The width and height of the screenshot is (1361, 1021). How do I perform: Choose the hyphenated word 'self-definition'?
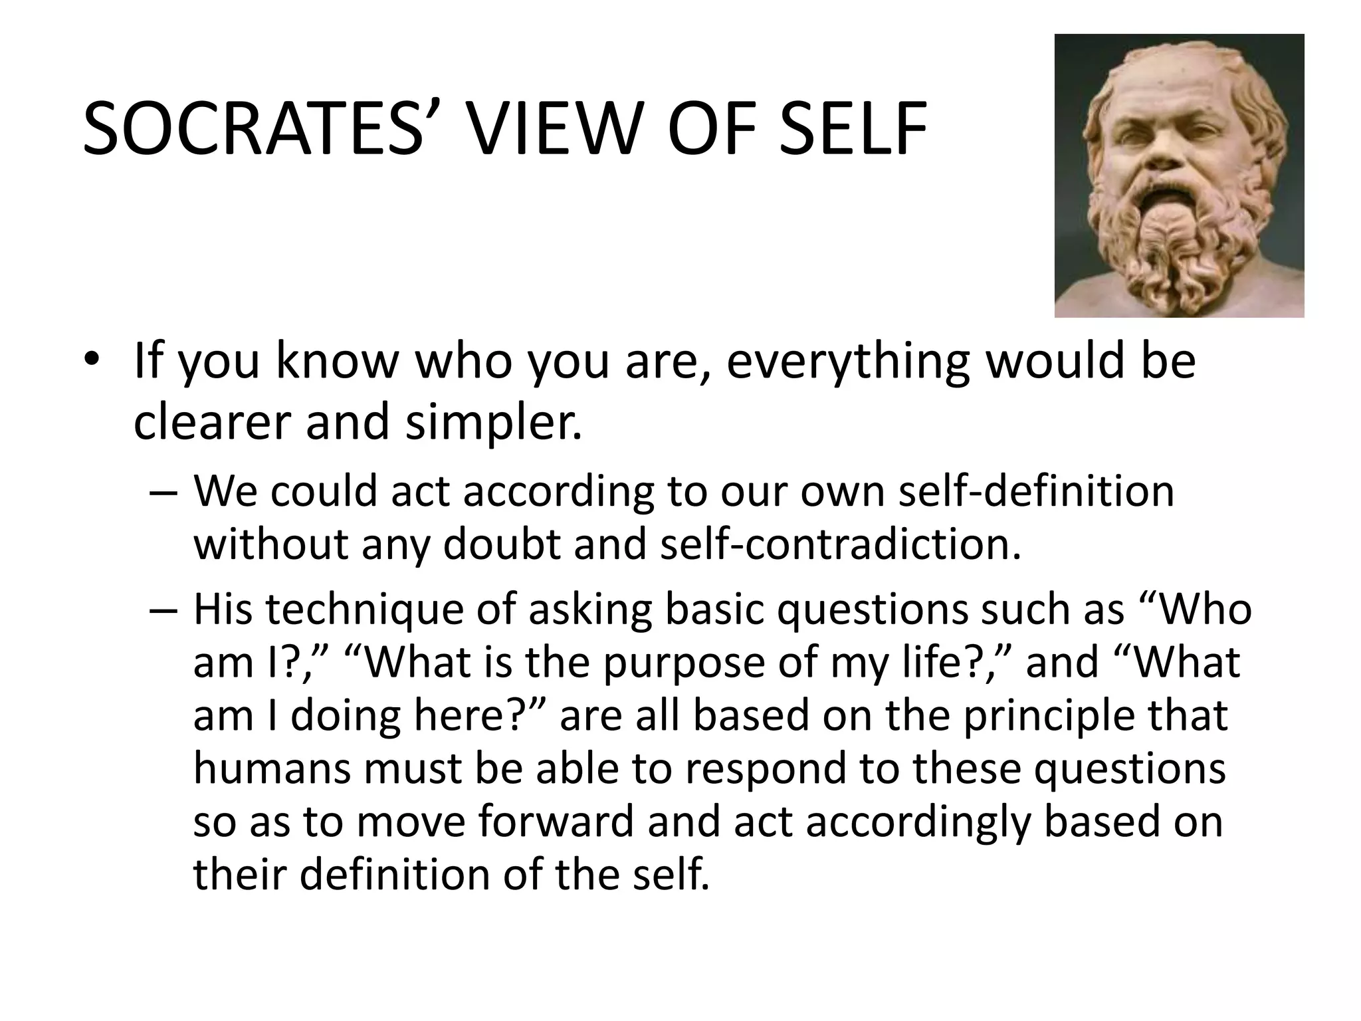pos(1035,492)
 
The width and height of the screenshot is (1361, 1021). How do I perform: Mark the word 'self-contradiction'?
pos(830,544)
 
